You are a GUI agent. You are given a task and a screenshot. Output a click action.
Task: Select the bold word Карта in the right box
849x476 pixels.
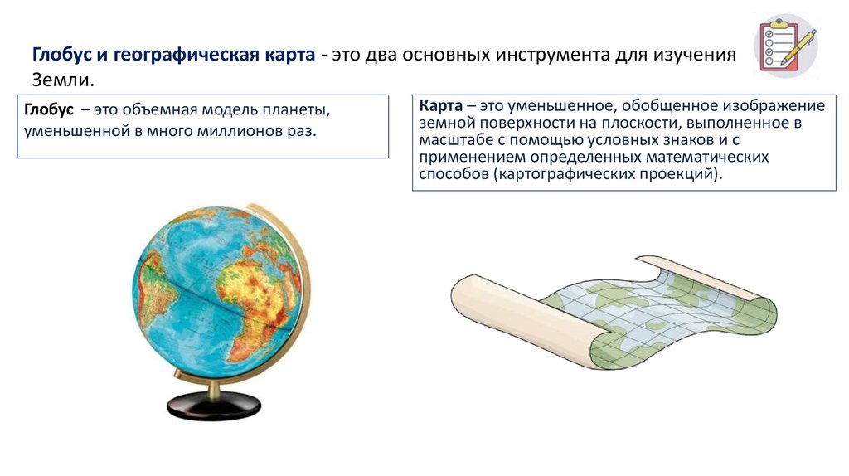(x=440, y=106)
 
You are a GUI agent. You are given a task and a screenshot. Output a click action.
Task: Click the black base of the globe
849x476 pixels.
(x=214, y=406)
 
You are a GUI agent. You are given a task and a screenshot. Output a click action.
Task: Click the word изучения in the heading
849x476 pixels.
(x=696, y=55)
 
